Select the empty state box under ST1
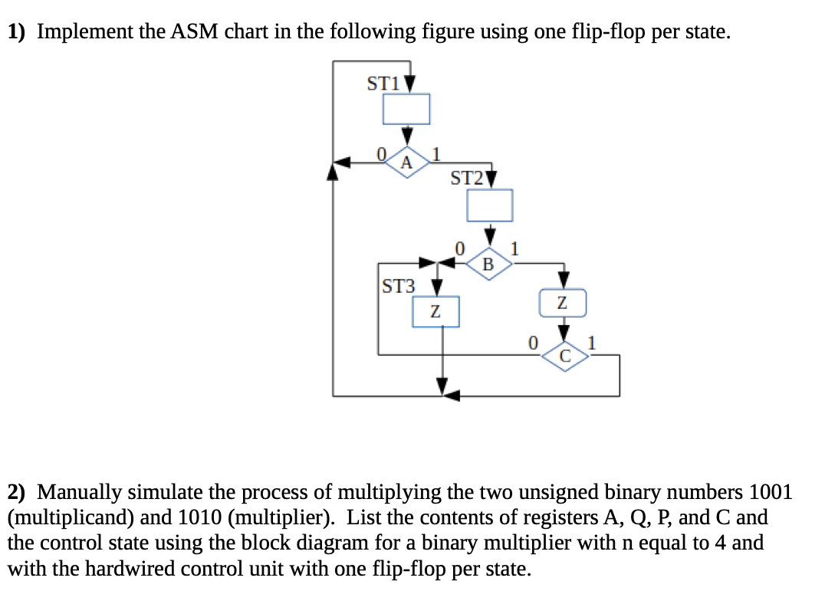(x=406, y=109)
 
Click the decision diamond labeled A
(x=407, y=162)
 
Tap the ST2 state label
(x=467, y=179)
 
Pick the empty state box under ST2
(x=490, y=205)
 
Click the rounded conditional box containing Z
(x=563, y=303)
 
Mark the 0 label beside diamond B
(x=459, y=248)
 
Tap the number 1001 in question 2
(x=770, y=491)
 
